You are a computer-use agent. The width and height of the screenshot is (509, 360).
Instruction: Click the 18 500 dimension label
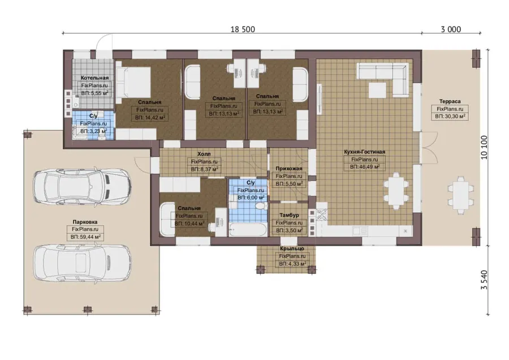tap(243, 29)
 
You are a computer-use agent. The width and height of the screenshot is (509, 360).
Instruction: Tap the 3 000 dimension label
tap(451, 29)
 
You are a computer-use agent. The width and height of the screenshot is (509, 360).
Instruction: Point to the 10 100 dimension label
tap(484, 147)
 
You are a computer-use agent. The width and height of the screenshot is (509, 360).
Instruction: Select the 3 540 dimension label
tap(484, 280)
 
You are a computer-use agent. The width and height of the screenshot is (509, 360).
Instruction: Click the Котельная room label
tap(94, 78)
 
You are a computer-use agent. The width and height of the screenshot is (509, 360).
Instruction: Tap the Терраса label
tap(450, 101)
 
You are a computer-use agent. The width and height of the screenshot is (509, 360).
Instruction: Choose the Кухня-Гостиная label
tap(365, 152)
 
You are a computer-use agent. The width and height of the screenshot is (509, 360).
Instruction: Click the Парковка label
tap(85, 222)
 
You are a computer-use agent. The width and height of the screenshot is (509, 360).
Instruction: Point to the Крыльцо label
tap(292, 248)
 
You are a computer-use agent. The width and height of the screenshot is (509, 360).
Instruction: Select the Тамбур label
tap(289, 215)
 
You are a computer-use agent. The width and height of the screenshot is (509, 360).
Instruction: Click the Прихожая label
tap(289, 168)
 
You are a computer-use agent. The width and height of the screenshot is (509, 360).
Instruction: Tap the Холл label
tap(204, 154)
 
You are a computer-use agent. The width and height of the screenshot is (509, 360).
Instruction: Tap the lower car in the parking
tap(83, 263)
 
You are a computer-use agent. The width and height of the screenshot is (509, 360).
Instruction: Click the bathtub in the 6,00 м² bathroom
tap(248, 229)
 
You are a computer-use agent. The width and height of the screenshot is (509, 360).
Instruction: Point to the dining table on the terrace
tap(460, 195)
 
